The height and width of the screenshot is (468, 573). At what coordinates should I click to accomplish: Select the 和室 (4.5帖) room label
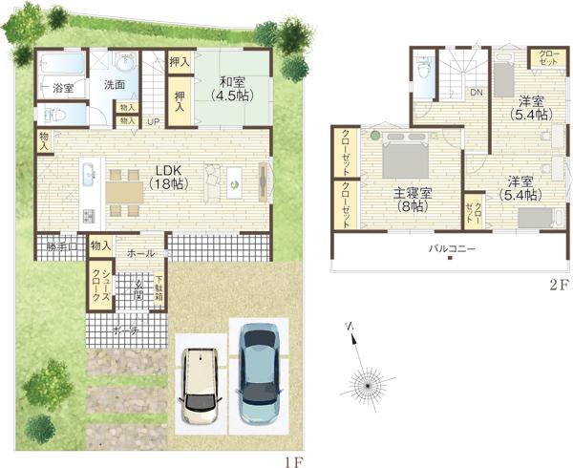[x=232, y=88]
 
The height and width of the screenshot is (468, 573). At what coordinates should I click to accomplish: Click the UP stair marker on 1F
[x=153, y=122]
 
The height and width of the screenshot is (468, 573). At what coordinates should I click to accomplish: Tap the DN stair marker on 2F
[x=475, y=93]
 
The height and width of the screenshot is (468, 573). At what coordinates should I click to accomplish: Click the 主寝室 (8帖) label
[x=413, y=199]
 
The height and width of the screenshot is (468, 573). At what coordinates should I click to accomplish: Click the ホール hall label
[x=139, y=253]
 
